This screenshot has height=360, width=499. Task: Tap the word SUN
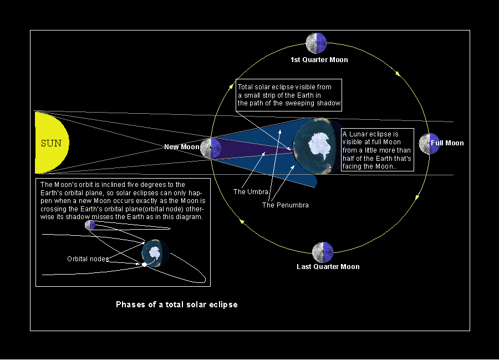[52, 143]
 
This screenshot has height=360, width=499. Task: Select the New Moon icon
[210, 148]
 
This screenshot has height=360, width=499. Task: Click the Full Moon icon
[429, 143]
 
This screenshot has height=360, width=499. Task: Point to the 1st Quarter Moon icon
[316, 43]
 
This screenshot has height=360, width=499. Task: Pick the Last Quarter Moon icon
[323, 252]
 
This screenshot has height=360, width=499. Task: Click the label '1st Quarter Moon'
[319, 59]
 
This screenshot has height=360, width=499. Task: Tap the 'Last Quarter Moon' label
[328, 267]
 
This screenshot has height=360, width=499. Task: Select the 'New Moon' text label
[181, 147]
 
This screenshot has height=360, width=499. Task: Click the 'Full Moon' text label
[447, 143]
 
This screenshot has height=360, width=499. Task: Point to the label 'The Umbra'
[251, 192]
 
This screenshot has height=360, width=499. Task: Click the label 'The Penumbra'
[286, 205]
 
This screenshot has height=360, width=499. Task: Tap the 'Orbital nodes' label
[88, 259]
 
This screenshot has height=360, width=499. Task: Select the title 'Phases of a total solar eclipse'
[176, 305]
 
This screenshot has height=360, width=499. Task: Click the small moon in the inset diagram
[90, 225]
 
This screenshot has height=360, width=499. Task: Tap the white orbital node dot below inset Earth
[144, 265]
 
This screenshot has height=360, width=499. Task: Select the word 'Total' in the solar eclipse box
[246, 87]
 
